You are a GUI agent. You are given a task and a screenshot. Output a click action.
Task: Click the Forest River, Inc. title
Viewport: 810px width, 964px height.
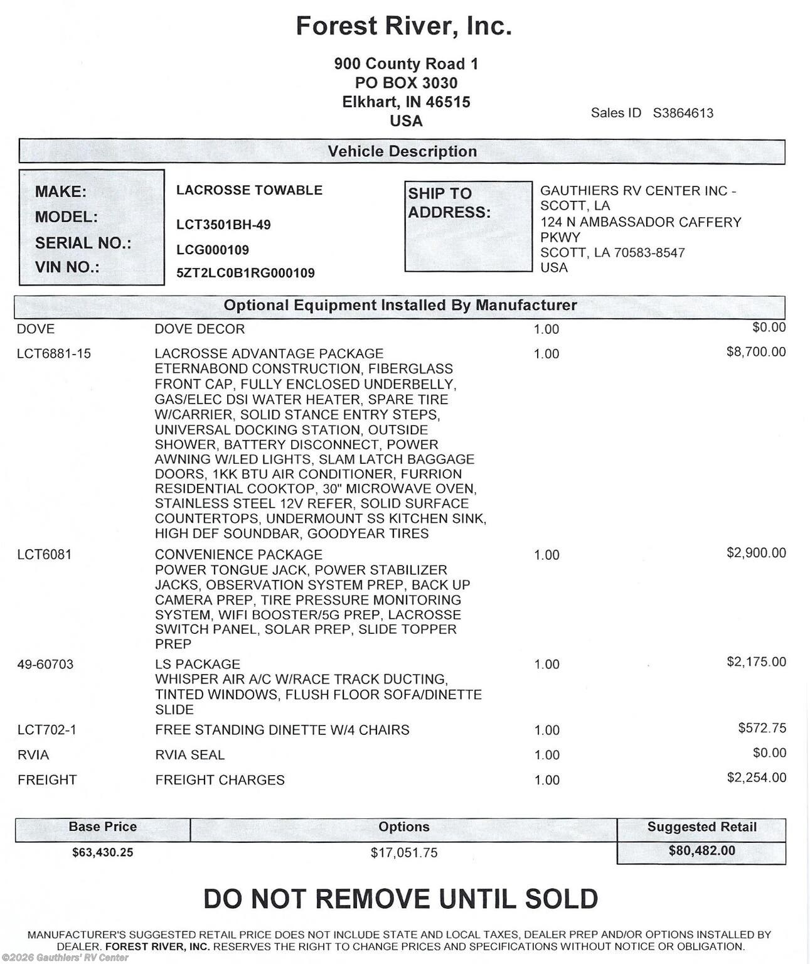tap(403, 26)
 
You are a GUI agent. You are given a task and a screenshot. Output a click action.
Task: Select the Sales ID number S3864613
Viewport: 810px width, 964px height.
tap(683, 113)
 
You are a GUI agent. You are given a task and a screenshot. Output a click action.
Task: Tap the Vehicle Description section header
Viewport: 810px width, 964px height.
tap(402, 151)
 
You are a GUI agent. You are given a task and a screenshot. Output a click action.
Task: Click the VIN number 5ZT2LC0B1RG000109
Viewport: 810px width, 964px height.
tap(245, 273)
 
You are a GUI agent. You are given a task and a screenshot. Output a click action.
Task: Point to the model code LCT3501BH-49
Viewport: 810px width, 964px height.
tap(223, 225)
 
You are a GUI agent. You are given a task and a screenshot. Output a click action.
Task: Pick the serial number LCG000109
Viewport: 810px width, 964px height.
tap(213, 250)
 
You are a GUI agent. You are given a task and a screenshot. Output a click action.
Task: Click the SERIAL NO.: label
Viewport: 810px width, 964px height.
tap(83, 243)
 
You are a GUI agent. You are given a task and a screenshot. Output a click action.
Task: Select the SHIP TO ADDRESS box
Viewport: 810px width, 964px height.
tap(468, 227)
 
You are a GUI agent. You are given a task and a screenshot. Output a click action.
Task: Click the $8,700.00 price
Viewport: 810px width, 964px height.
tap(756, 351)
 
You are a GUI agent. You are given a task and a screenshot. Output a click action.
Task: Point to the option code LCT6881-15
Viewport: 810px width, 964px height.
tap(54, 354)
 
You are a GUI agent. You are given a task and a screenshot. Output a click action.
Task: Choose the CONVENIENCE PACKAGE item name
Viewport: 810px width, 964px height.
tap(238, 555)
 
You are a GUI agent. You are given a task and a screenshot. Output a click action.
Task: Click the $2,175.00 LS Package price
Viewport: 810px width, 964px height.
tap(756, 661)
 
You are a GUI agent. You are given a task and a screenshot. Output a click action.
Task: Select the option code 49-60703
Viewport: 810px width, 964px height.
tap(45, 664)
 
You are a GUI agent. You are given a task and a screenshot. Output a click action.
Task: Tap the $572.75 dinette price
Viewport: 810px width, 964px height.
tap(762, 728)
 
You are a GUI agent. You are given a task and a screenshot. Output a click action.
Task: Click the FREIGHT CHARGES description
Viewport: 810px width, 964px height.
tap(220, 780)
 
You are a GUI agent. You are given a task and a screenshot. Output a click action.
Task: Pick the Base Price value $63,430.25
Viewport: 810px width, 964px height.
tap(103, 852)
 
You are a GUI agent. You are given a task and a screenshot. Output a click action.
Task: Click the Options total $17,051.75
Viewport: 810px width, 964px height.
tap(404, 852)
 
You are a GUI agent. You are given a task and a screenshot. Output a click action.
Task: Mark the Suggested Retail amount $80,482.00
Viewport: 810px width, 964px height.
tap(701, 851)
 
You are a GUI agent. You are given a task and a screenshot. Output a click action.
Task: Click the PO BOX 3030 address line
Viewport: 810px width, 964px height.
tap(406, 83)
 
